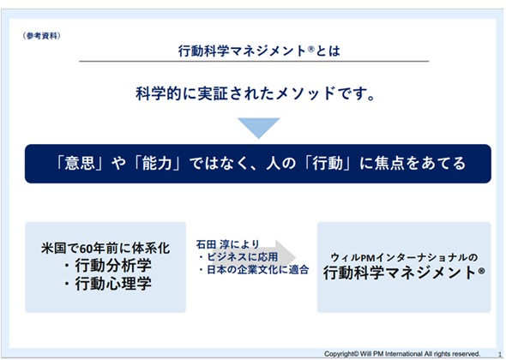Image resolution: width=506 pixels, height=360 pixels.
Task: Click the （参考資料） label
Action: [42, 36]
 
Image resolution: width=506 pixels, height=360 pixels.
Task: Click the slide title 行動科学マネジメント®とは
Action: [259, 51]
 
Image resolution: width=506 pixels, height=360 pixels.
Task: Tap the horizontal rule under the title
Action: [254, 61]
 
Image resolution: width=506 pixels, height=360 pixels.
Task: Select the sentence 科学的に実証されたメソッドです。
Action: [256, 94]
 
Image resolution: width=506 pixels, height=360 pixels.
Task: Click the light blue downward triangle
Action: [258, 127]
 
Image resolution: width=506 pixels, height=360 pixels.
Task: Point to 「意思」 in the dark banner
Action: [80, 163]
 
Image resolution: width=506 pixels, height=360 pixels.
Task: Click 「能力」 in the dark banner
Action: [157, 163]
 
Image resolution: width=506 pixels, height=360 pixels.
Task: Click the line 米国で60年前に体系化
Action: [105, 248]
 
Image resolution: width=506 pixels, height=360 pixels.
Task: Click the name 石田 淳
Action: [212, 244]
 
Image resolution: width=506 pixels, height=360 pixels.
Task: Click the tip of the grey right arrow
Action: [296, 257]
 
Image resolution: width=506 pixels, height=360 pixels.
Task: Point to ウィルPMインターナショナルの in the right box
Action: [404, 258]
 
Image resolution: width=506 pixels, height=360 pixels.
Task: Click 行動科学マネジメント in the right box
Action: [401, 273]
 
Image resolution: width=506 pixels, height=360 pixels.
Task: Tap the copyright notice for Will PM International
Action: [402, 354]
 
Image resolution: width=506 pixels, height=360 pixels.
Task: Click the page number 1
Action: [500, 354]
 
